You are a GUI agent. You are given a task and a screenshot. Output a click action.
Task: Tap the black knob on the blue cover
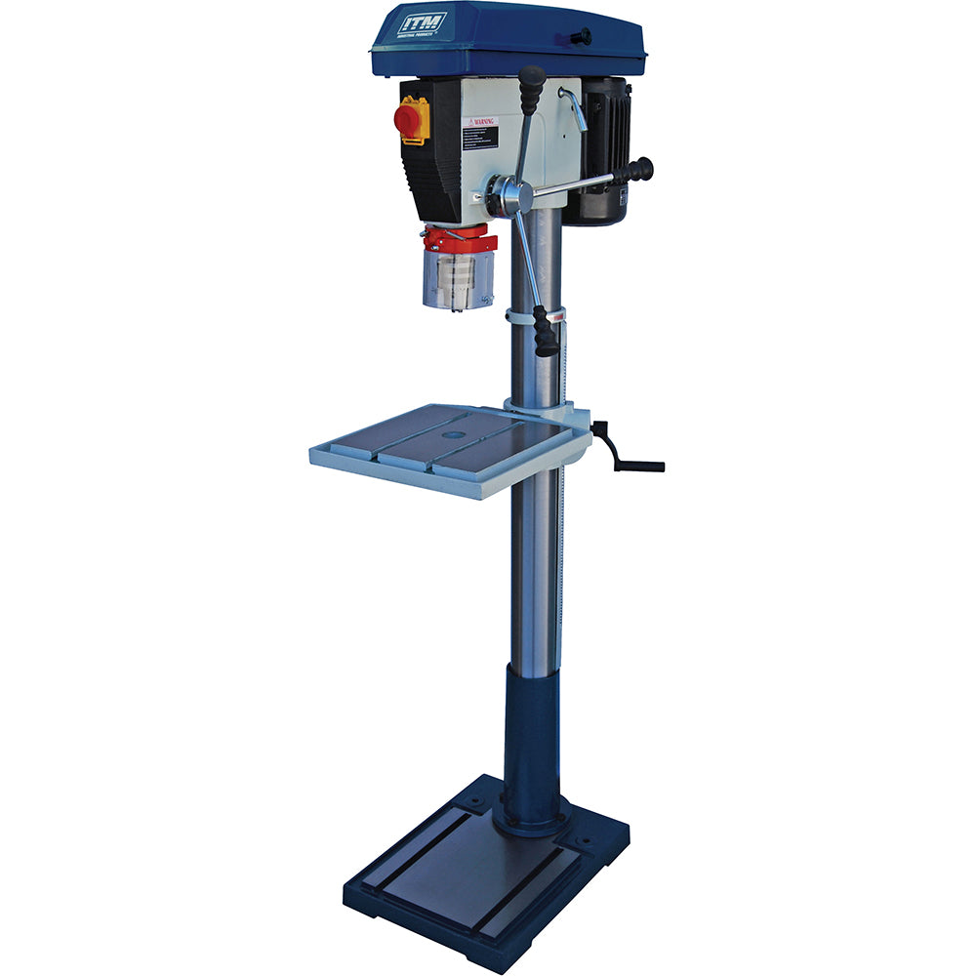click(582, 37)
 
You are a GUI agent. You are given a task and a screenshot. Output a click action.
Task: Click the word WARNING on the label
click(483, 123)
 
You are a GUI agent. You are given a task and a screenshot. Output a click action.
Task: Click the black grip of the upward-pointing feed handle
click(532, 88)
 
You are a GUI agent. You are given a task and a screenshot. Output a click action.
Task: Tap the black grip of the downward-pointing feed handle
click(547, 332)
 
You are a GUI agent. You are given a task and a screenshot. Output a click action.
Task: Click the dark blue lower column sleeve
click(532, 742)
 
